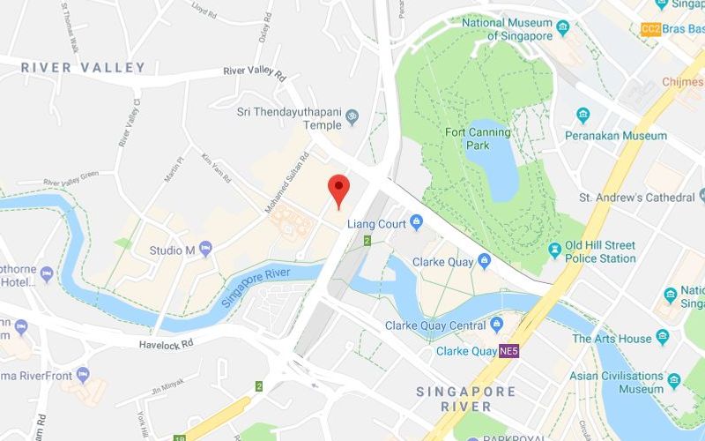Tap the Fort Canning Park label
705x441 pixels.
pyautogui.click(x=478, y=138)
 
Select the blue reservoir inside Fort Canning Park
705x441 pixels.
pyautogui.click(x=501, y=160)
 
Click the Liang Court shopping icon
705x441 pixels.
pyautogui.click(x=417, y=222)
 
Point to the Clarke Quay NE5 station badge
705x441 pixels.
pyautogui.click(x=508, y=351)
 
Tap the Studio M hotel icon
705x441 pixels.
pyautogui.click(x=205, y=250)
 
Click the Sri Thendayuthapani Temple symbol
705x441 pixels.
pyautogui.click(x=352, y=116)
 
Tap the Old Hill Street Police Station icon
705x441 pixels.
pyautogui.click(x=554, y=251)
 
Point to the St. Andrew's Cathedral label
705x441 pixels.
pyautogui.click(x=636, y=198)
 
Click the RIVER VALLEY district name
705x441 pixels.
pyautogui.click(x=83, y=68)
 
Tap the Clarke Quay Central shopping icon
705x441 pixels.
pyautogui.click(x=496, y=325)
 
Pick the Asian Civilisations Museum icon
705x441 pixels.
pyautogui.click(x=674, y=381)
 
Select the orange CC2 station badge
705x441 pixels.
pyautogui.click(x=651, y=29)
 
